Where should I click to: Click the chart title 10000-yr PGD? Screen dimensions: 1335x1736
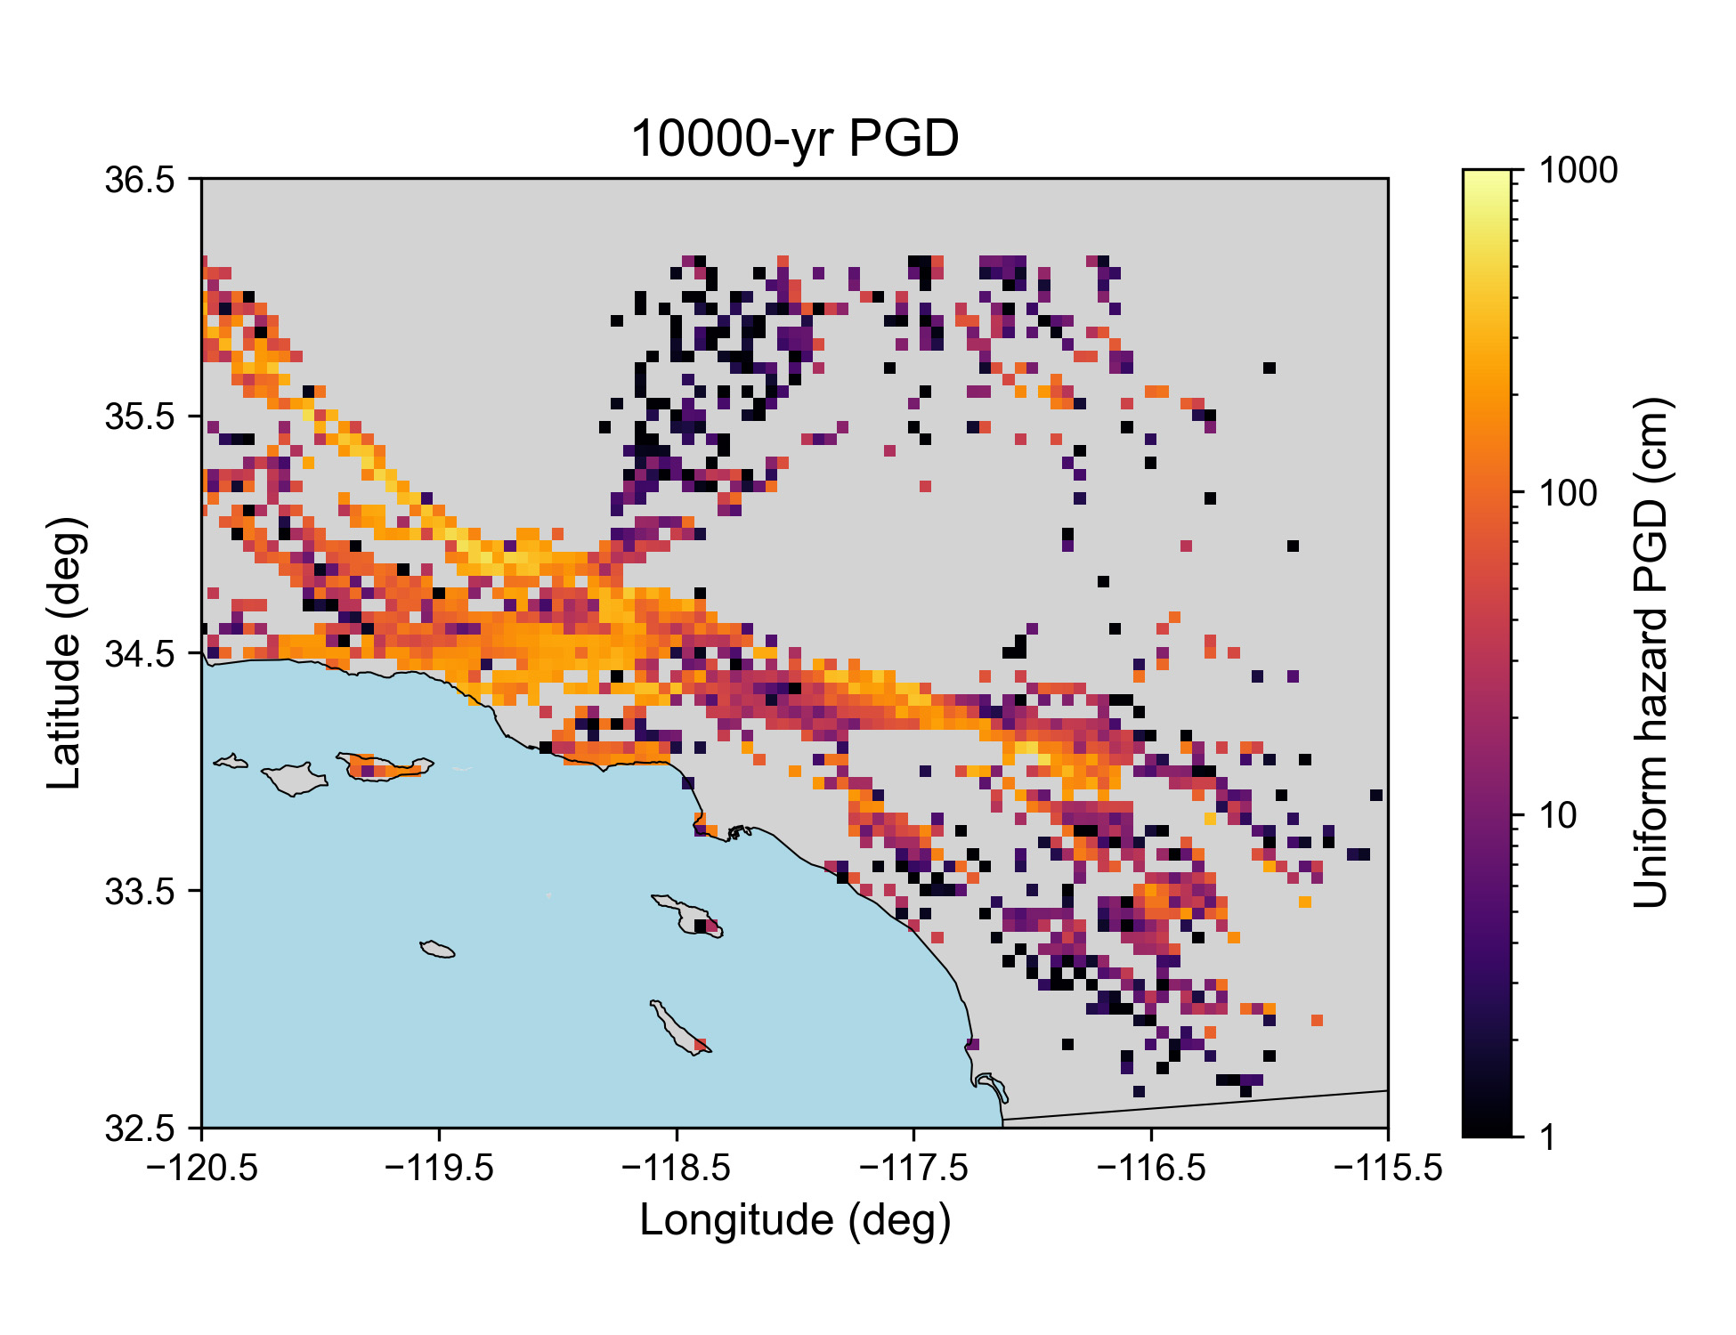tap(794, 139)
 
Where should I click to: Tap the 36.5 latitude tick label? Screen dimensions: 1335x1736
tap(141, 180)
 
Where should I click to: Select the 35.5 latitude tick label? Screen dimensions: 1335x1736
tap(141, 417)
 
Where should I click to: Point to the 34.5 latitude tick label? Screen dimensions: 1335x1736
tap(141, 654)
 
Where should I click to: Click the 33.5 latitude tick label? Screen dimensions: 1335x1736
tap(141, 892)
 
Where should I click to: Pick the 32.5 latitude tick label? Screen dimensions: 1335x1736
tap(141, 1129)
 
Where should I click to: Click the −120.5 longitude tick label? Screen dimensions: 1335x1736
tap(202, 1167)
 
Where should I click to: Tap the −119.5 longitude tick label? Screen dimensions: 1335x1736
tap(439, 1167)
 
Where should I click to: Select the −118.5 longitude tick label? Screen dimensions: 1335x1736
tap(677, 1167)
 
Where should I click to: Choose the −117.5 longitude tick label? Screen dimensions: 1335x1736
tap(913, 1167)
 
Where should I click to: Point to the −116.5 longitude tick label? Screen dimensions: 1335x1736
tap(1151, 1167)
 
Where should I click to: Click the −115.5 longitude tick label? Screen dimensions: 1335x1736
tap(1388, 1167)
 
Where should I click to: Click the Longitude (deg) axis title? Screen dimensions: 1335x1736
tap(795, 1220)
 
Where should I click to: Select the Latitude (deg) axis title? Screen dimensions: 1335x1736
tap(66, 652)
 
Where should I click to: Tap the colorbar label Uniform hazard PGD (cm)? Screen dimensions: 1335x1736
tap(1652, 652)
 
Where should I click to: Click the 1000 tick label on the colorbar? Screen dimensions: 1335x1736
tap(1578, 170)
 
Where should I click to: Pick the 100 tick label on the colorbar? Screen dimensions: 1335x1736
tap(1569, 492)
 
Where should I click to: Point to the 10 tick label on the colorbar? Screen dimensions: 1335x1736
tap(1559, 815)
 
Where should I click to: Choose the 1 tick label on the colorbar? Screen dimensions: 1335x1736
tap(1549, 1137)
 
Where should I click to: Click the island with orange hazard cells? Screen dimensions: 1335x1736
tap(385, 766)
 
